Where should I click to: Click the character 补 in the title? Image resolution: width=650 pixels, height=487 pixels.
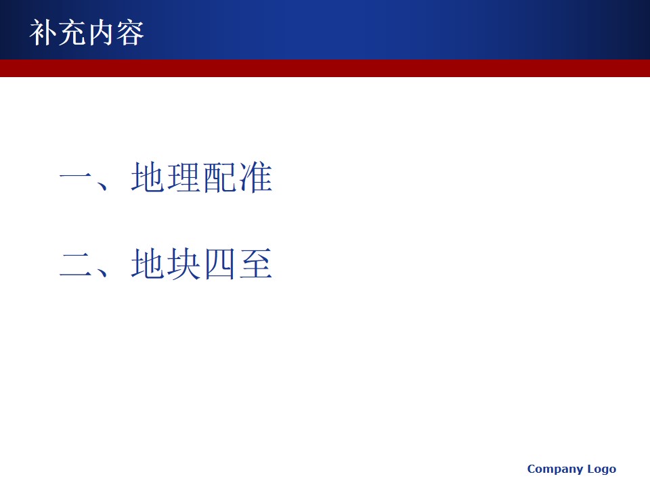click(x=43, y=32)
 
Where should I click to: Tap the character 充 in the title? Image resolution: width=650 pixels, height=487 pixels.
click(x=72, y=32)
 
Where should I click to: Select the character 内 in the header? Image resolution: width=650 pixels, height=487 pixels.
click(x=101, y=32)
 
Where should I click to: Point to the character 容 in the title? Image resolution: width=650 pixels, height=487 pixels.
click(x=130, y=32)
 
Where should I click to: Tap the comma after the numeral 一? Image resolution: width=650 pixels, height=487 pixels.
click(x=101, y=185)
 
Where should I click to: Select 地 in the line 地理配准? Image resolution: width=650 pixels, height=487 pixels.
click(x=147, y=177)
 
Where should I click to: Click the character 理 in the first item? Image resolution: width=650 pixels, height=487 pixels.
click(x=183, y=177)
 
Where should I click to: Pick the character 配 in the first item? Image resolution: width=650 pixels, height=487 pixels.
click(x=219, y=177)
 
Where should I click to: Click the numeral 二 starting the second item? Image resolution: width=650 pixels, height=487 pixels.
click(x=75, y=264)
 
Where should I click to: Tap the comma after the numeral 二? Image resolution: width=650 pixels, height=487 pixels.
click(x=101, y=271)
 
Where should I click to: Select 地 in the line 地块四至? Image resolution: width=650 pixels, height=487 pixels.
click(x=147, y=263)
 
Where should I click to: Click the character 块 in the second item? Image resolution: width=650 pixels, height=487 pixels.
click(x=183, y=263)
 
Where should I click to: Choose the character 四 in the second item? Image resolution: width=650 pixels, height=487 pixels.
click(x=219, y=264)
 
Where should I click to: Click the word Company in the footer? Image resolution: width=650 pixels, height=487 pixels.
click(x=555, y=469)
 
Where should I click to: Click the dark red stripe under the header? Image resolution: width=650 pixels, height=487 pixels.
click(x=325, y=68)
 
